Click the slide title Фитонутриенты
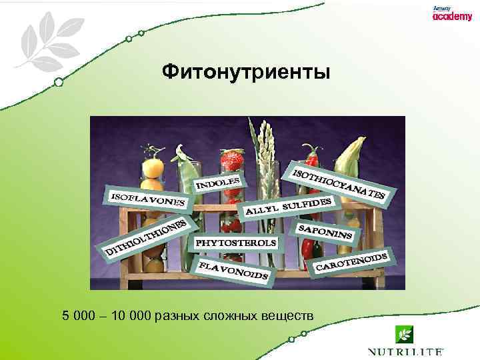(245, 71)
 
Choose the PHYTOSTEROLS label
(235, 243)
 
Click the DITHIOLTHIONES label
(147, 237)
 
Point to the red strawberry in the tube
(232, 161)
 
